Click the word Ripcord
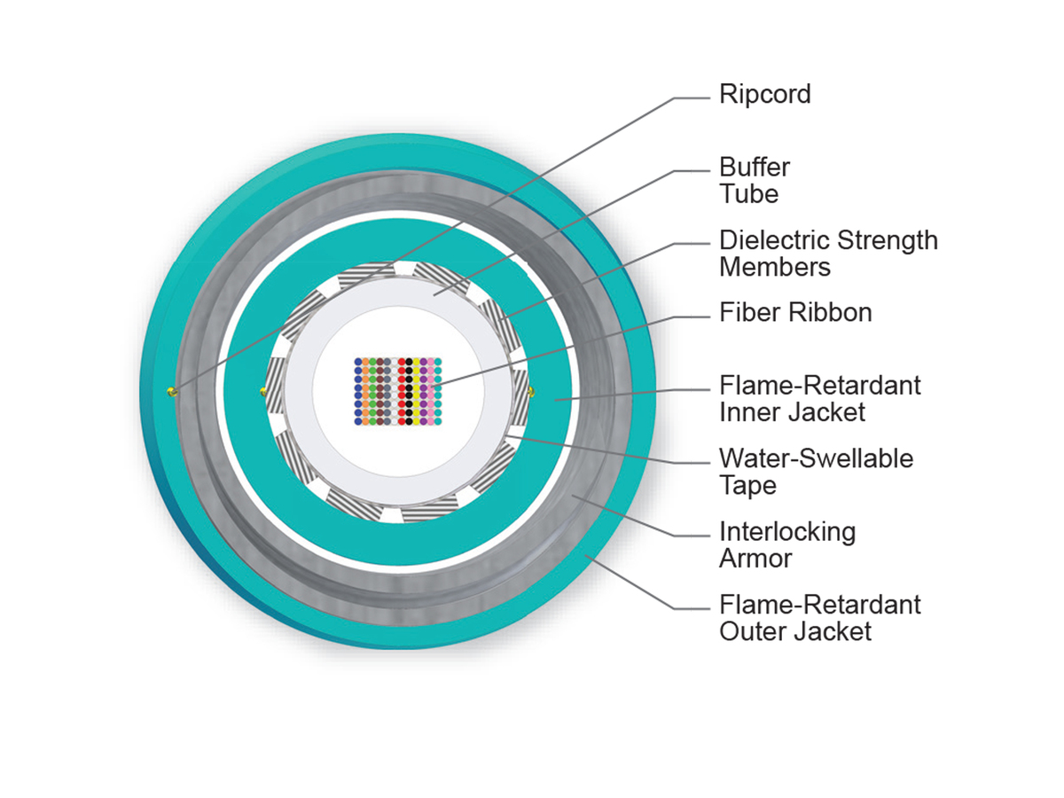[764, 95]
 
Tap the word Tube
[748, 193]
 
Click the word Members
[773, 267]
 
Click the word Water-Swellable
[816, 458]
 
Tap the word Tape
[747, 485]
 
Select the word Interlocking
[787, 532]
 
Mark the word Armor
[755, 559]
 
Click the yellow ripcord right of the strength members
[531, 390]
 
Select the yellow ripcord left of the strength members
[262, 390]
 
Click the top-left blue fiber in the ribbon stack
[358, 363]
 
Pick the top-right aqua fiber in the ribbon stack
[437, 363]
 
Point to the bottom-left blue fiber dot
[358, 421]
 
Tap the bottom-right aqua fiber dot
[437, 421]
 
